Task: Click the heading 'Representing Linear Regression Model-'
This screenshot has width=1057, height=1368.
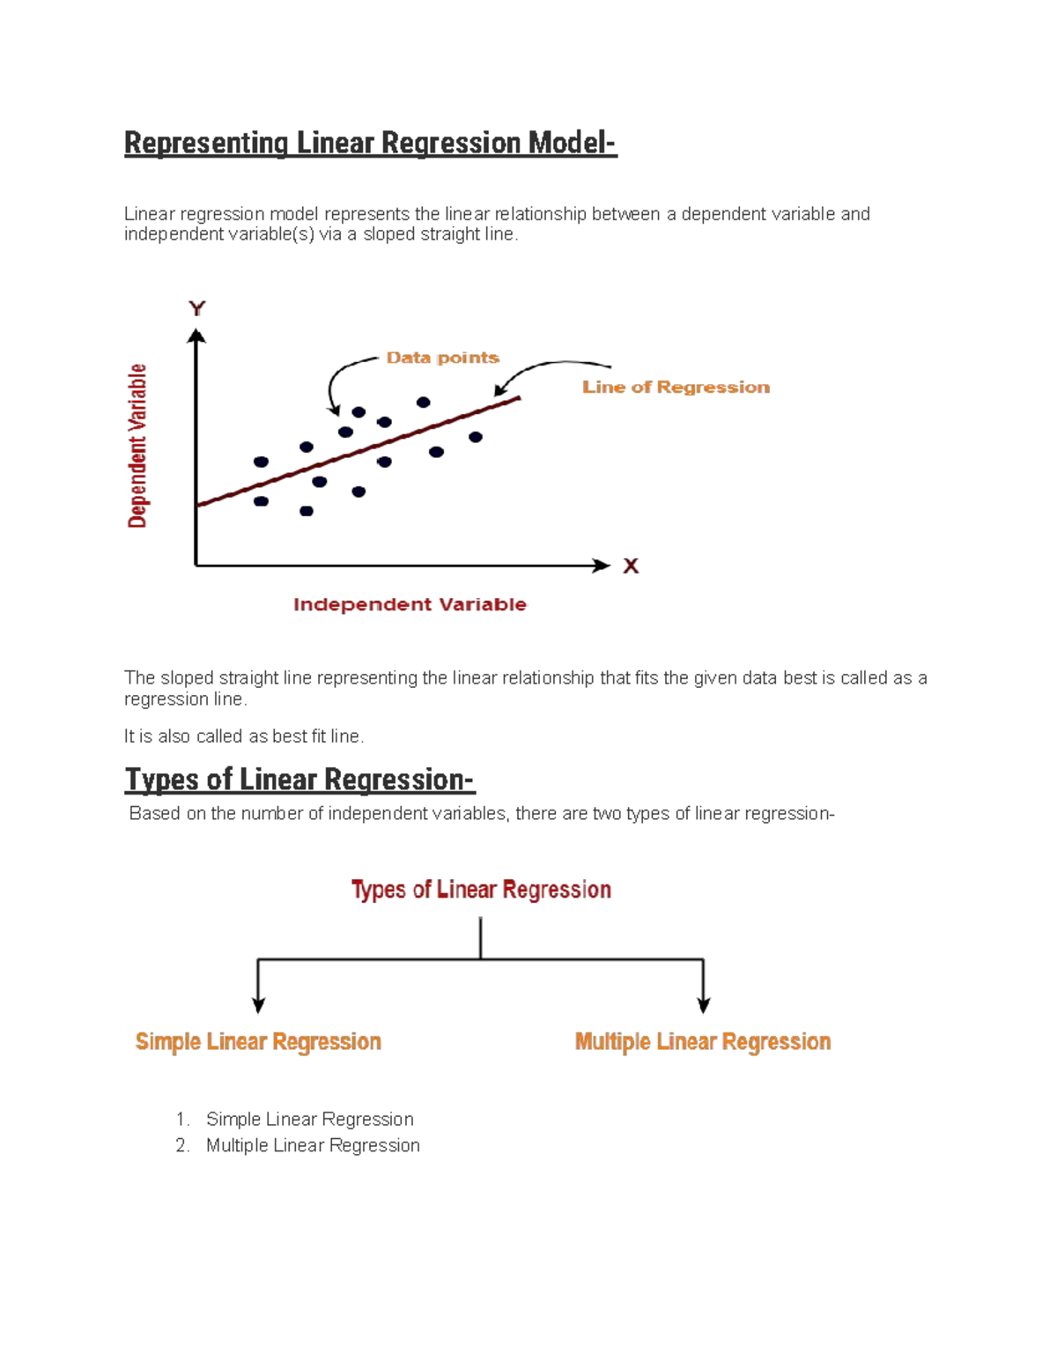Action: click(370, 143)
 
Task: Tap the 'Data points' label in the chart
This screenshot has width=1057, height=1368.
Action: click(442, 358)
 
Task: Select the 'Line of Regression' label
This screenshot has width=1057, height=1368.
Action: click(676, 388)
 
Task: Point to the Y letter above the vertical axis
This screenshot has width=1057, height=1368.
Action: click(196, 308)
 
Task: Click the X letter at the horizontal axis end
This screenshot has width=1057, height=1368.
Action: click(631, 566)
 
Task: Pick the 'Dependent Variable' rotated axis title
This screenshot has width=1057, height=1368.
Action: click(137, 446)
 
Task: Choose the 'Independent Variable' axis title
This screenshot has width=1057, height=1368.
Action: click(410, 605)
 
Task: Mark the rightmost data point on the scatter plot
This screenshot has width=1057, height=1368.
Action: click(476, 437)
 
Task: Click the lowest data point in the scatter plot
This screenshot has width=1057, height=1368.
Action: click(307, 511)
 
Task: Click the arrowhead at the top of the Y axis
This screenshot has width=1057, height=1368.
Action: click(196, 336)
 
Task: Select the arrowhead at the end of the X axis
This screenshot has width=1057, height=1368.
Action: click(602, 566)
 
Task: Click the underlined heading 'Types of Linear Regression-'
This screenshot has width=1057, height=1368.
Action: click(299, 780)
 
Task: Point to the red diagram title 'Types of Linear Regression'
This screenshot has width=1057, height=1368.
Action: click(481, 890)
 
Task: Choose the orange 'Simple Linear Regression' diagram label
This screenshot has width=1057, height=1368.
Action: click(258, 1042)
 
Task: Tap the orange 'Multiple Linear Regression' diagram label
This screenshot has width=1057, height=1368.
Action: click(703, 1042)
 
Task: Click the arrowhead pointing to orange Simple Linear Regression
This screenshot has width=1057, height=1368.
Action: click(258, 1005)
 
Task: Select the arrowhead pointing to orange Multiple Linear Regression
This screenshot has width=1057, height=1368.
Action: click(704, 1005)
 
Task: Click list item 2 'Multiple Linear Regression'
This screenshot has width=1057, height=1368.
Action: click(313, 1145)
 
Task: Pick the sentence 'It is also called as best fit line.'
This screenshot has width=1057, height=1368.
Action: click(244, 736)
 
